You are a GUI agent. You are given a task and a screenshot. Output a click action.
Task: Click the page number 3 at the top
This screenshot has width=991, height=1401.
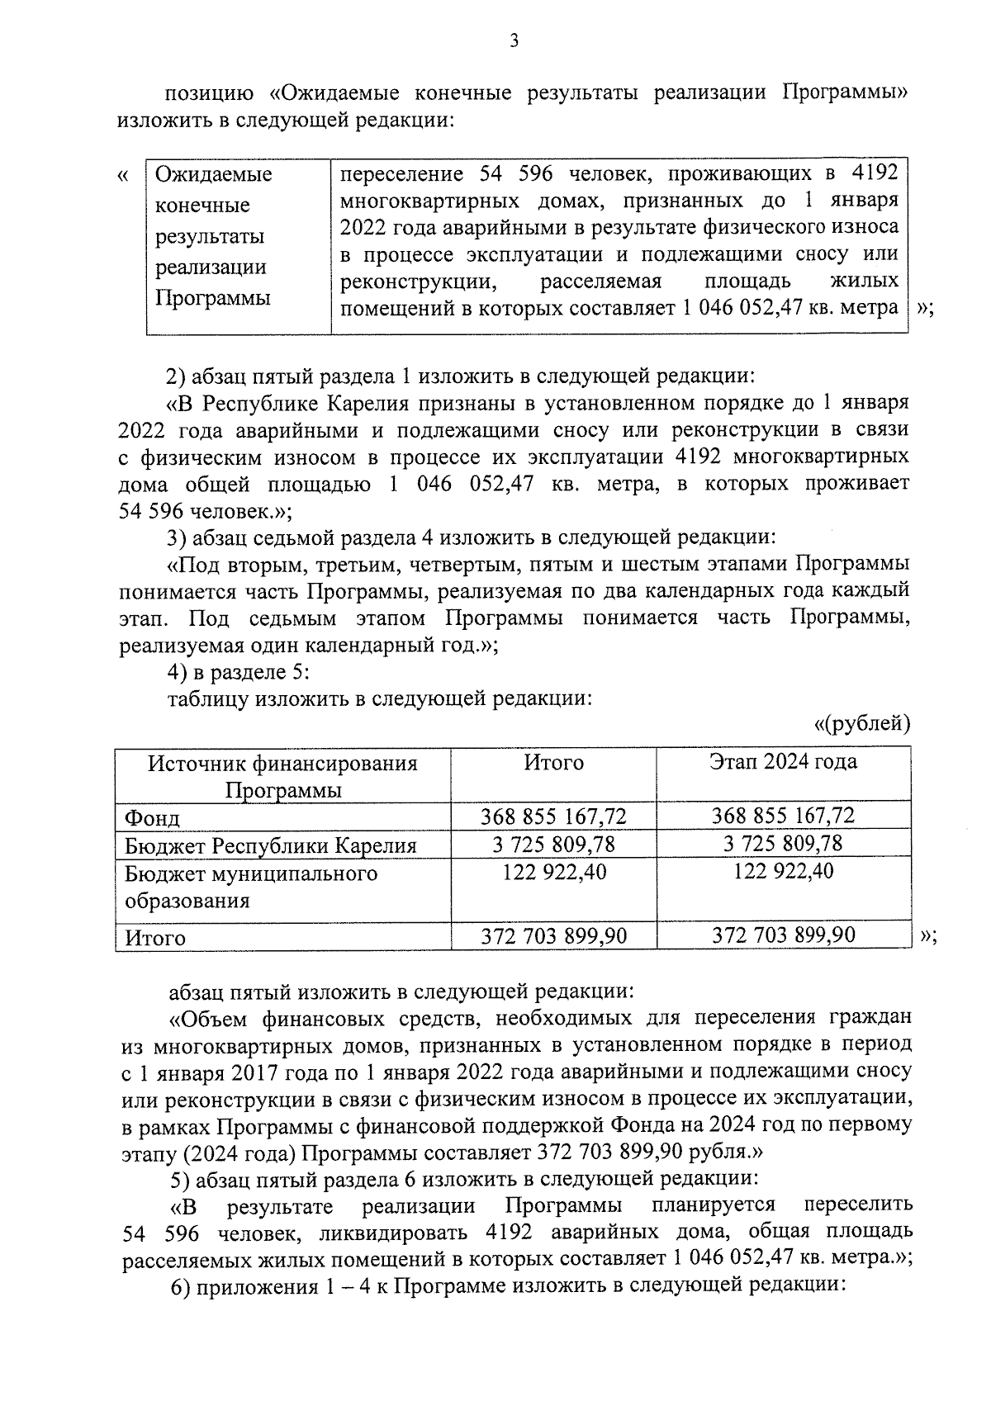(x=514, y=40)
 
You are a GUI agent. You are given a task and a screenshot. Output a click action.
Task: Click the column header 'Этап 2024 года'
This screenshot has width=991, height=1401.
(x=783, y=762)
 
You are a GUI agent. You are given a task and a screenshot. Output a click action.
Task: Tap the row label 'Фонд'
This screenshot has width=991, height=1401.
(x=153, y=818)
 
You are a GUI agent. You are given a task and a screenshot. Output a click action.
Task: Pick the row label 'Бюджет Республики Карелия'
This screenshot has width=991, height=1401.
(x=271, y=846)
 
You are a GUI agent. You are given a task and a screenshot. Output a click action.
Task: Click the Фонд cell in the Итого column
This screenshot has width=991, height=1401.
(x=554, y=816)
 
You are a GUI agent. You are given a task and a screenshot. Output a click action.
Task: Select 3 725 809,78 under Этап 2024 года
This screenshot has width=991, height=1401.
(x=783, y=844)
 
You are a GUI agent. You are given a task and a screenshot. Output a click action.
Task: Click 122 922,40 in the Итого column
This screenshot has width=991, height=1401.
(x=554, y=872)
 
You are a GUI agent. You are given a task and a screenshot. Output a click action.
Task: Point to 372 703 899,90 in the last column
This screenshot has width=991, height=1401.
(x=783, y=935)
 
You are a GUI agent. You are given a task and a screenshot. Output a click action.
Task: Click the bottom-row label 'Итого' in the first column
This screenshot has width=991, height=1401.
(x=155, y=938)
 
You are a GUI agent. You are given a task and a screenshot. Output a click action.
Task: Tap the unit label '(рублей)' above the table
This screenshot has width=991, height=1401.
(x=862, y=724)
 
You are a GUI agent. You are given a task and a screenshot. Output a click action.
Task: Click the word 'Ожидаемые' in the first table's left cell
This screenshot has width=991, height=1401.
(x=214, y=175)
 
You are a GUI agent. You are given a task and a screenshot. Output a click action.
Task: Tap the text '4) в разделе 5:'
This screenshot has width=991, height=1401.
(x=239, y=673)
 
